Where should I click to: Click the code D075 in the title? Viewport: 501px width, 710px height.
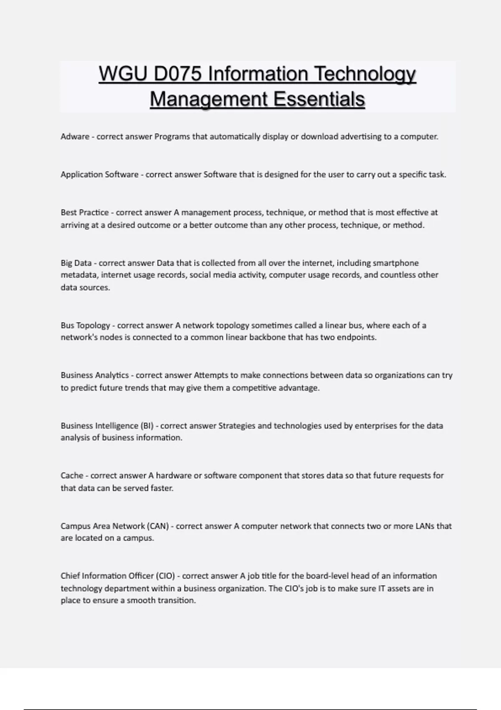coord(177,74)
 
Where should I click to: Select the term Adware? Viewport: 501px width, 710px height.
coord(75,137)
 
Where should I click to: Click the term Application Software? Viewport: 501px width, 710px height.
coord(99,175)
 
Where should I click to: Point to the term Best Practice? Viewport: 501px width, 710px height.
coord(85,212)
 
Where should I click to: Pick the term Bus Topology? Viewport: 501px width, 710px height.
coord(85,325)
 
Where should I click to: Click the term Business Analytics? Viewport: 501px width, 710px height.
coord(95,375)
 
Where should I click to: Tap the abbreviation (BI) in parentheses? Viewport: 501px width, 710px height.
coord(147,426)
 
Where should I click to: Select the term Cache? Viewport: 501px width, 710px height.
coord(72,475)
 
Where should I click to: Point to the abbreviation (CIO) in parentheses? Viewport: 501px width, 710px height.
coord(165,576)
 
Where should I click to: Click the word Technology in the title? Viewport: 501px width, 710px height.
coord(364,74)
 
